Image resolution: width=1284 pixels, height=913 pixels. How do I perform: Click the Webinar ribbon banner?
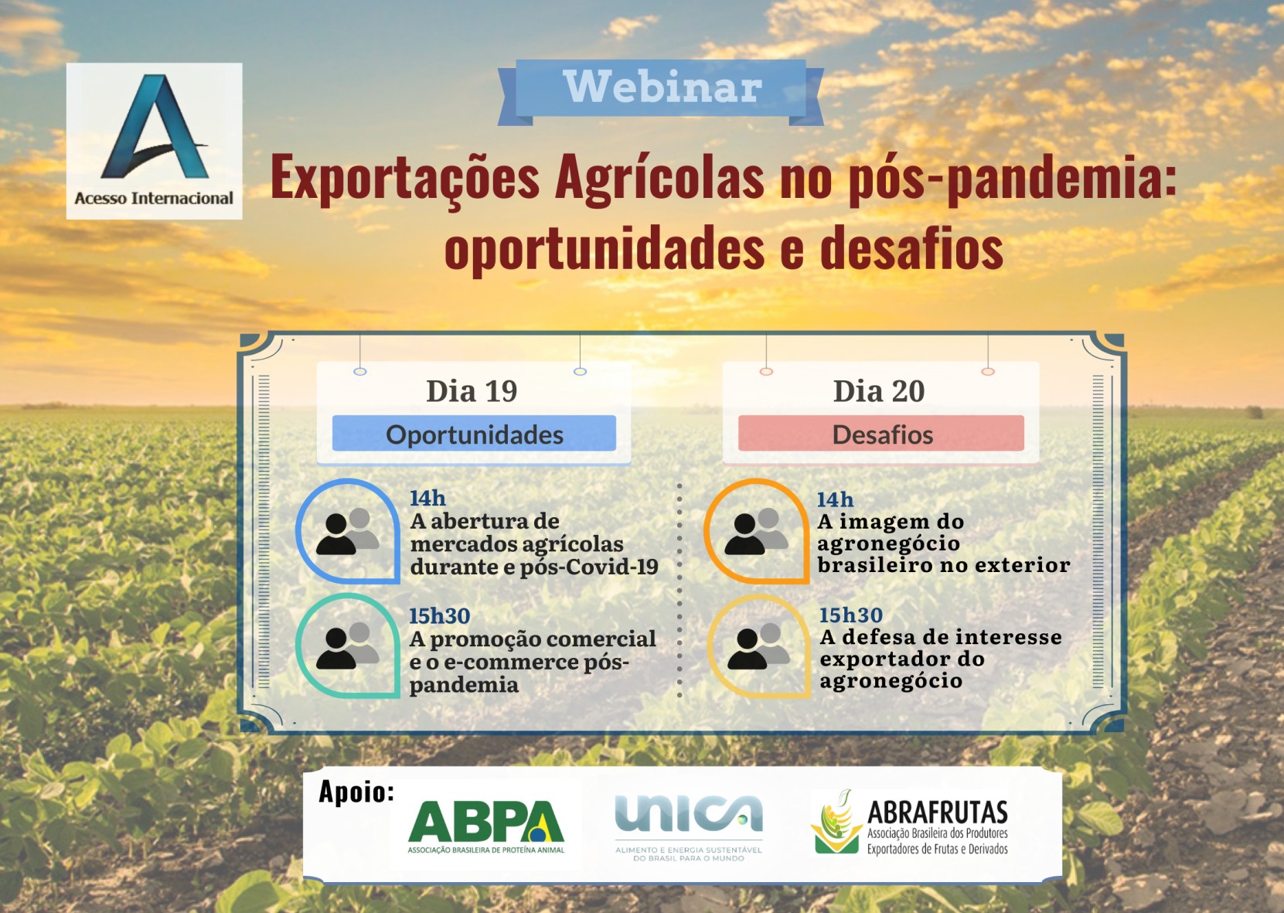661,92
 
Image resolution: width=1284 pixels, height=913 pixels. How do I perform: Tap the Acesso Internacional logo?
154,141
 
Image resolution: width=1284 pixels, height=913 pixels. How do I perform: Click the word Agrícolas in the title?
659,179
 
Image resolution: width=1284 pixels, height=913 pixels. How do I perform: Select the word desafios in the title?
911,247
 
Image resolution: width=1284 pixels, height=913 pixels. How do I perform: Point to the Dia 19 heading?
472,391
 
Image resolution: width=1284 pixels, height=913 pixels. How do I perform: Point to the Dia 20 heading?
879,391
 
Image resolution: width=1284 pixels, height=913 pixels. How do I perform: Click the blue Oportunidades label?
474,434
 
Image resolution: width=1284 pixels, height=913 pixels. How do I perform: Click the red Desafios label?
881,434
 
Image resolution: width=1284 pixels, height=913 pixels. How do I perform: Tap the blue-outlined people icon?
347,531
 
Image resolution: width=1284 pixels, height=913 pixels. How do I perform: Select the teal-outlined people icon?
347,646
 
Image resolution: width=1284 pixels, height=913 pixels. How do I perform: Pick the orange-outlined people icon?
757,531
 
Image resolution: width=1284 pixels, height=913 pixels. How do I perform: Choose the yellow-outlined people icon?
758,646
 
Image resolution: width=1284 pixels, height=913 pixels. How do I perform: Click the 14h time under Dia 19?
427,498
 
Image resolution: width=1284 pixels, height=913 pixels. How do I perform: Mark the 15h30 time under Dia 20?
850,615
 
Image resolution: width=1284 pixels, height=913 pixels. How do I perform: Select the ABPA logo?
486,826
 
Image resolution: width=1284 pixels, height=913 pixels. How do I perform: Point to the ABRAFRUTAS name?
938,813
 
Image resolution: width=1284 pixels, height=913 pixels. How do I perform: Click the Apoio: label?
356,792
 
